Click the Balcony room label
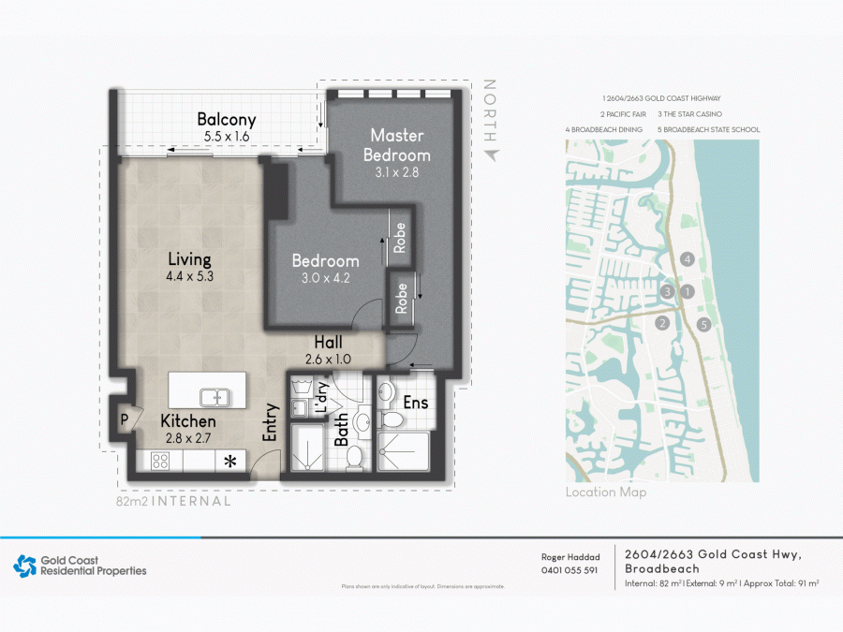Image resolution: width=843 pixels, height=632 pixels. tap(226, 120)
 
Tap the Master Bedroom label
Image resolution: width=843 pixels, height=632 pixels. tap(397, 145)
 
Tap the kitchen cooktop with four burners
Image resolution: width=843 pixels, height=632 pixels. tap(160, 461)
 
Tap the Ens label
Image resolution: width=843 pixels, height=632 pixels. tap(416, 403)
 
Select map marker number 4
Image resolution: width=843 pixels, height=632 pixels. tap(688, 258)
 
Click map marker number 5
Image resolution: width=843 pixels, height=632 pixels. tap(704, 325)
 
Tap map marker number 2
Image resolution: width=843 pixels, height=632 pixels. tap(662, 324)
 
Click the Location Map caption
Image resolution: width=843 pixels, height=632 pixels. tap(605, 492)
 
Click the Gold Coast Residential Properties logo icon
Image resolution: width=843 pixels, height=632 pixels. tap(23, 566)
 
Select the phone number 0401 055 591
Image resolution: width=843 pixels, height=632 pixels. tap(569, 570)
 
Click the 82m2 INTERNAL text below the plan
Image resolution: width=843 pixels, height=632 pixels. tap(173, 501)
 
